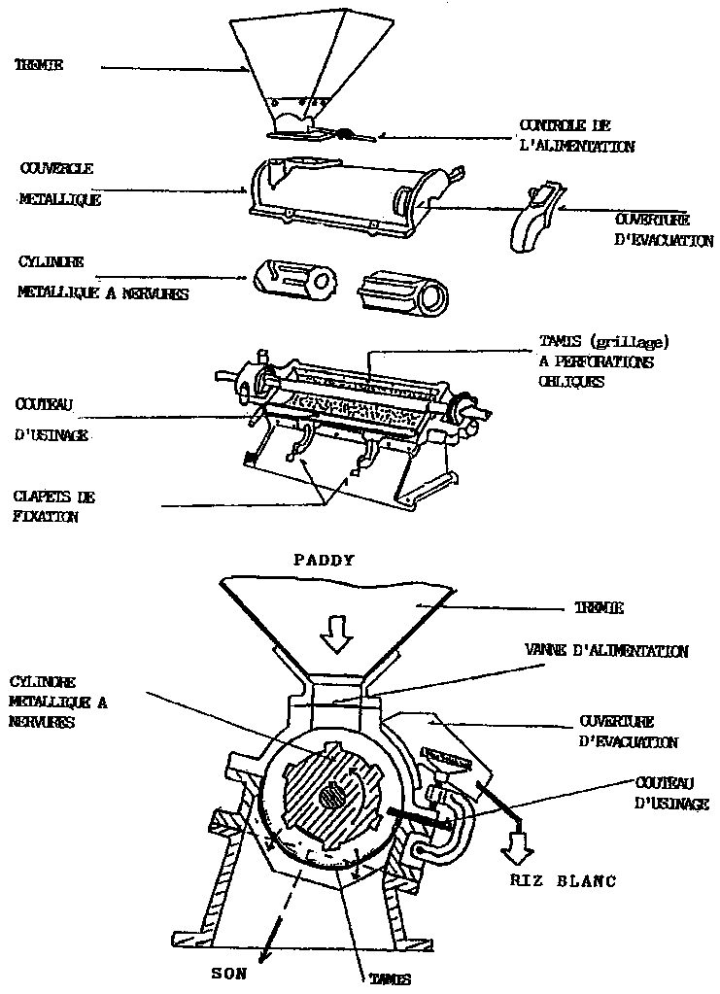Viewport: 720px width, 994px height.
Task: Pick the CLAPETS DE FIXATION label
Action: pos(56,506)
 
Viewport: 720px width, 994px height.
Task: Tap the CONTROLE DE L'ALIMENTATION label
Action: pos(577,136)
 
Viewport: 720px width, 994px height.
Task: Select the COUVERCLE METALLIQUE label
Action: pos(58,183)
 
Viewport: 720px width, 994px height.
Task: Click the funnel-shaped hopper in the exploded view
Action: pos(297,68)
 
